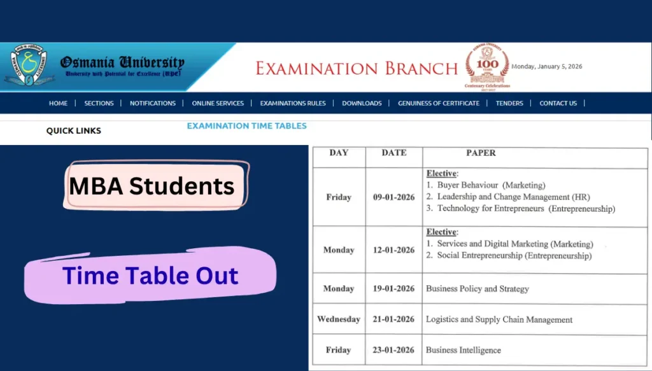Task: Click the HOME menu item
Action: click(x=58, y=103)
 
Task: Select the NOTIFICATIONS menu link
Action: click(x=152, y=103)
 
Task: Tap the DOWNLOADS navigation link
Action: click(x=362, y=103)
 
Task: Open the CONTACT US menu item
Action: click(x=558, y=103)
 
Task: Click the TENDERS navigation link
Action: click(x=509, y=103)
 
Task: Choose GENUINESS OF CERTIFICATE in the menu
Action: click(x=439, y=103)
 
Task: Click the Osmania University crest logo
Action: click(x=27, y=66)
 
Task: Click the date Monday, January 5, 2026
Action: click(x=547, y=66)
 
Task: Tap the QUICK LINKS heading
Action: click(x=73, y=130)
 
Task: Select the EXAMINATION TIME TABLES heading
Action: click(x=246, y=126)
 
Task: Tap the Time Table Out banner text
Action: click(x=150, y=276)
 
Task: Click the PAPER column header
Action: click(x=481, y=153)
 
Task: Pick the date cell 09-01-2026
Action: click(x=393, y=197)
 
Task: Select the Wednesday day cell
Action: click(x=339, y=319)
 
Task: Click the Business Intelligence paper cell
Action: click(x=464, y=350)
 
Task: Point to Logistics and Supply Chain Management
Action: click(x=499, y=319)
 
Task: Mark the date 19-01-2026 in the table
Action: click(x=393, y=289)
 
